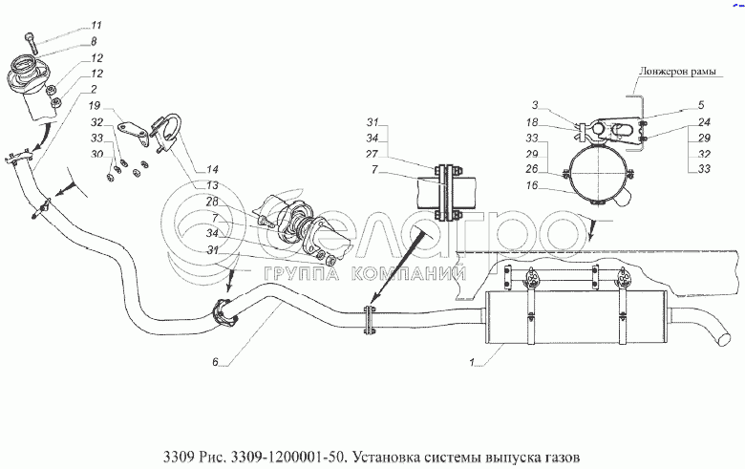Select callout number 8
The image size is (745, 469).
point(94,42)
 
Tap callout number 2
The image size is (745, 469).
point(94,89)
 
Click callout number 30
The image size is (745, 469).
point(96,154)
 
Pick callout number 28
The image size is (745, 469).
point(212,201)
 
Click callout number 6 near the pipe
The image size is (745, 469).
point(216,361)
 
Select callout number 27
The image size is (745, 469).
point(372,154)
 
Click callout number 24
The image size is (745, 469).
point(703,121)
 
